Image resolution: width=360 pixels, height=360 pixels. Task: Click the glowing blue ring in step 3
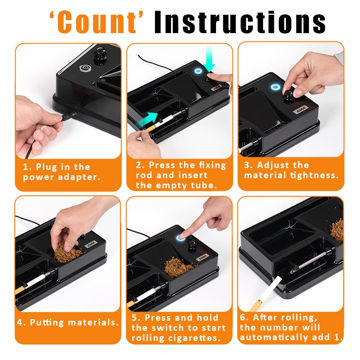[275, 86]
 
